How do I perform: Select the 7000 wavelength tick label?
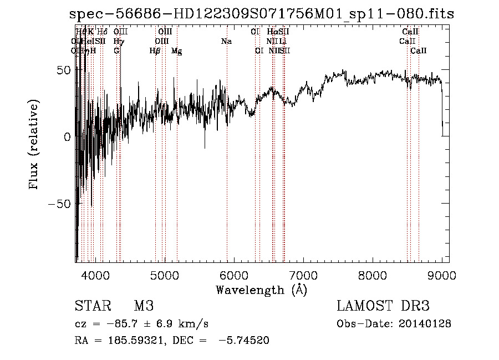pyautogui.click(x=303, y=275)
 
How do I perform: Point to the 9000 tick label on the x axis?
pyautogui.click(x=441, y=275)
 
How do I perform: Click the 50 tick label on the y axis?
pyautogui.click(x=63, y=70)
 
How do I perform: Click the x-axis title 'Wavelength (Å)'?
pyautogui.click(x=261, y=290)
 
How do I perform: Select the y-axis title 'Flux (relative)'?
pyautogui.click(x=34, y=145)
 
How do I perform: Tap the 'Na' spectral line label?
pyautogui.click(x=226, y=42)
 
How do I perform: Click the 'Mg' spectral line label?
pyautogui.click(x=176, y=51)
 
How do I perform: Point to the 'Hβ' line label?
pyautogui.click(x=155, y=51)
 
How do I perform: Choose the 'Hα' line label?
pyautogui.click(x=272, y=32)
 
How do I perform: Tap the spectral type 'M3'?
pyautogui.click(x=143, y=306)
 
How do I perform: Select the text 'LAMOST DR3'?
pyautogui.click(x=383, y=306)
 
